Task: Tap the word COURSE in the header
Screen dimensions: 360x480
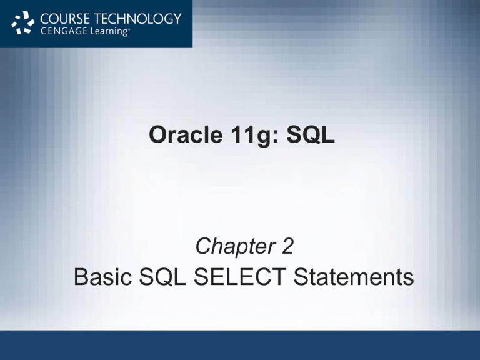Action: click(65, 18)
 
